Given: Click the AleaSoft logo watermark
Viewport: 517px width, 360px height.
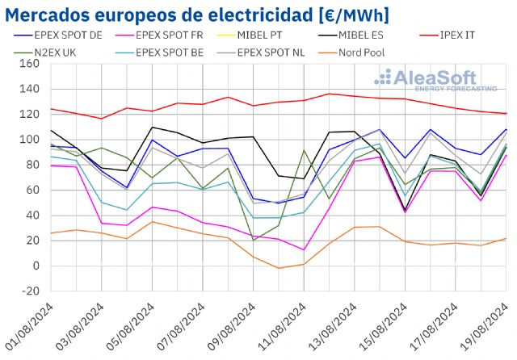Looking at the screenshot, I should pos(435,80).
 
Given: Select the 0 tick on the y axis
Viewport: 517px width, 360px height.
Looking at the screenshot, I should pos(36,266).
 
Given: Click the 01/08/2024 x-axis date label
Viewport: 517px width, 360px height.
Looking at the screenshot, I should pos(31,328).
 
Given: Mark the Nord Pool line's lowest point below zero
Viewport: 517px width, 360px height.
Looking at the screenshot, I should pos(279,268).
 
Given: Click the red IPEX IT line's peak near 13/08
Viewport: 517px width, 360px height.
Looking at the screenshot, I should pos(330,94).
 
